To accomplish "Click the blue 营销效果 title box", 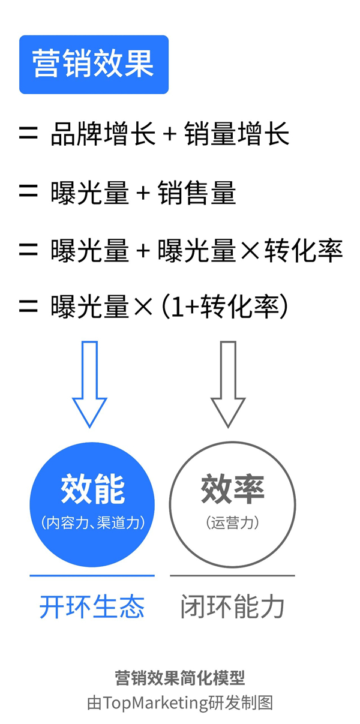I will coord(94,65).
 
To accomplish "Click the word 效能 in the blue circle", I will coord(92,489).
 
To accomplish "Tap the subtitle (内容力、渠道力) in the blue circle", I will coord(92,522).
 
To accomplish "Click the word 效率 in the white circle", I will coord(232,489).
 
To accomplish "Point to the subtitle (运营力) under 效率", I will coord(232,522).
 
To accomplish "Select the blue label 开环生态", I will coord(92,607).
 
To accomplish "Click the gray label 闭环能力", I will coord(232,607).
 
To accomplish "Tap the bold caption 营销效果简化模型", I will coord(180,678).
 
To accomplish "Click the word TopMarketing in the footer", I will coord(155,702).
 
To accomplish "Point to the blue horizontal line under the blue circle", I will coord(92,576).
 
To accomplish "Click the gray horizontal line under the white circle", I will coord(232,576).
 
